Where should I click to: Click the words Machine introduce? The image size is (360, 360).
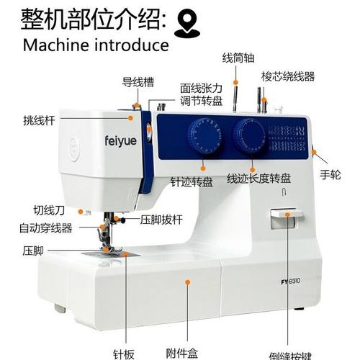[x=96, y=45]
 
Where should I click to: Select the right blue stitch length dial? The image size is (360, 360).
[x=248, y=135]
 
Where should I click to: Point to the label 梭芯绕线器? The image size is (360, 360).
[x=287, y=76]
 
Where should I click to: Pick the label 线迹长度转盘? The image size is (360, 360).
[x=258, y=178]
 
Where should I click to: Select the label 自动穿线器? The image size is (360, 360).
[x=45, y=228]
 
